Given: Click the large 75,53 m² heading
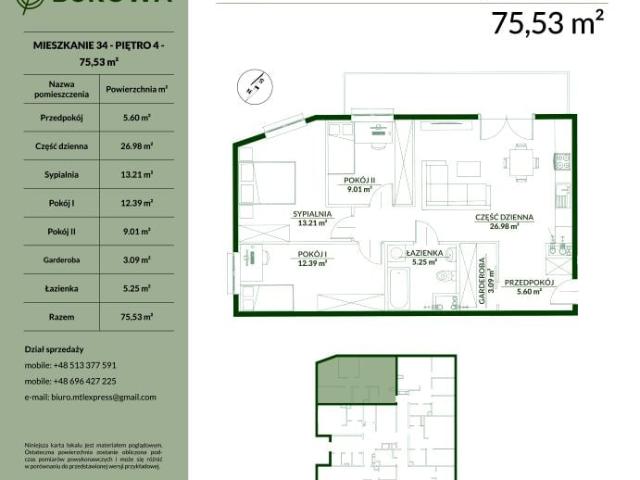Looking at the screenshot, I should click(x=548, y=23).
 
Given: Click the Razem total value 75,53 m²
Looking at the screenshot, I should click(x=135, y=317).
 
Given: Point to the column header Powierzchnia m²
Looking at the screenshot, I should click(x=135, y=89).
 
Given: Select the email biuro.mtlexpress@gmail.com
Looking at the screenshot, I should click(x=89, y=397).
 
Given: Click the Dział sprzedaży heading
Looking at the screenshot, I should click(x=55, y=349).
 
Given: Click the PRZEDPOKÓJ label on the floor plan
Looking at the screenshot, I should click(x=529, y=282).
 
